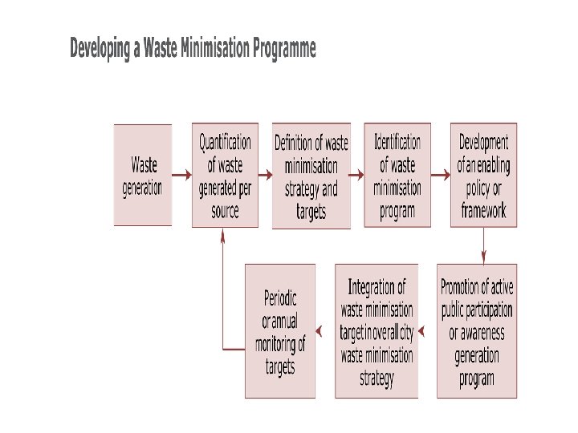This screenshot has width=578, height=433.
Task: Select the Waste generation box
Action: click(142, 175)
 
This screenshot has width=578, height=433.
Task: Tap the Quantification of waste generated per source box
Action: click(225, 175)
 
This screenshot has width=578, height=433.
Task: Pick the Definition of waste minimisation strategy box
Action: click(311, 176)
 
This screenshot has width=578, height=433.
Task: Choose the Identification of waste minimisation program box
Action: click(397, 175)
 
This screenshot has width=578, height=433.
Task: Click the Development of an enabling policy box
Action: click(483, 175)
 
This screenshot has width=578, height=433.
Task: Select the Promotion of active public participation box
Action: click(477, 330)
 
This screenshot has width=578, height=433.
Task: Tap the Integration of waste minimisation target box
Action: click(377, 330)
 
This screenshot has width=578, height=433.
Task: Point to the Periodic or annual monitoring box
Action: click(280, 330)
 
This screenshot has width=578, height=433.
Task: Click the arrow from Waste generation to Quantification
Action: click(181, 174)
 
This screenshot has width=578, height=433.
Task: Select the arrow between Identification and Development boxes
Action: click(440, 174)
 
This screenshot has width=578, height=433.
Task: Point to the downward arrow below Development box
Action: click(483, 245)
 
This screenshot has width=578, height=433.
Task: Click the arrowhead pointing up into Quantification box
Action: click(222, 234)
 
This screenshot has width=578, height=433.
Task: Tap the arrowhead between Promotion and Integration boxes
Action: click(423, 330)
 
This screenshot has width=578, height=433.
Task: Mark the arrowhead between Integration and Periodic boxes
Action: click(321, 330)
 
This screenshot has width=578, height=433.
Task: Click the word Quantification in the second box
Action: click(225, 143)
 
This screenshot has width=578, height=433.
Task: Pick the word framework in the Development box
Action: click(483, 212)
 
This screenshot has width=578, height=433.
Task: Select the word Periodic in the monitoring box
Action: click(280, 298)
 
